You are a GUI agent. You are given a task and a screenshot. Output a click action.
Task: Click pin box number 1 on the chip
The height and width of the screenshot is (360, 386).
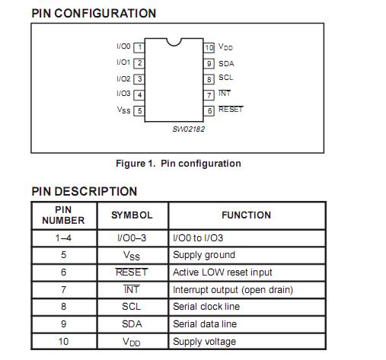[139, 47]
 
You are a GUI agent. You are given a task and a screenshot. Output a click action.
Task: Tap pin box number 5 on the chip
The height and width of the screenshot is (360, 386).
[139, 110]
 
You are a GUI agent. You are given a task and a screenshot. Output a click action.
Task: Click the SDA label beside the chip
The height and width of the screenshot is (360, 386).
[226, 63]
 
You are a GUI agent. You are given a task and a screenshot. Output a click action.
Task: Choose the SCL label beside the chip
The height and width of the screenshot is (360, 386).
[226, 78]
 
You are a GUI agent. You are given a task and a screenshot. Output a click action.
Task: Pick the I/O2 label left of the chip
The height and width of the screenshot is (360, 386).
[123, 78]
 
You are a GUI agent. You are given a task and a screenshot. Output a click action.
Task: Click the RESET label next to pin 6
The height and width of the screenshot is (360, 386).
[231, 110]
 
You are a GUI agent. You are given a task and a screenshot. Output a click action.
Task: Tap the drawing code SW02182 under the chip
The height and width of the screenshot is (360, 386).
[188, 129]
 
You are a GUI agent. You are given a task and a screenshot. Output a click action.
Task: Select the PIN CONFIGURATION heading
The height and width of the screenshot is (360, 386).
[94, 13]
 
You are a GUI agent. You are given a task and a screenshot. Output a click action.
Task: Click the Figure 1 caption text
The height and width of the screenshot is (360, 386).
[178, 164]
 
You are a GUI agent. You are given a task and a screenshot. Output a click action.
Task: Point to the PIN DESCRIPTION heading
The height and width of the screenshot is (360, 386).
[85, 191]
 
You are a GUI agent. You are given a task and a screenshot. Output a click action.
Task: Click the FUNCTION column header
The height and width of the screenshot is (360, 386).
[246, 215]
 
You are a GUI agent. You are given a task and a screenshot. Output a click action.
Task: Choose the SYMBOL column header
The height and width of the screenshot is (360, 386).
[132, 215]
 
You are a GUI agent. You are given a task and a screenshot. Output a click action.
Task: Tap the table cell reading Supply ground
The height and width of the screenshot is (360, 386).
[204, 255]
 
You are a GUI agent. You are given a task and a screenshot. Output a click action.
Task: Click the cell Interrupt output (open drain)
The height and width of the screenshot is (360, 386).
[233, 289]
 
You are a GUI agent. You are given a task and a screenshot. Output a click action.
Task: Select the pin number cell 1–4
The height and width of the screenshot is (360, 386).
[63, 237]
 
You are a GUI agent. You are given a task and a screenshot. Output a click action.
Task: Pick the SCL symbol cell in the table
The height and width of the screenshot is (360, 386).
[132, 307]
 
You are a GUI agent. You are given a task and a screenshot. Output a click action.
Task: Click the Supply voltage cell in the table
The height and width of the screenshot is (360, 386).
[204, 341]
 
